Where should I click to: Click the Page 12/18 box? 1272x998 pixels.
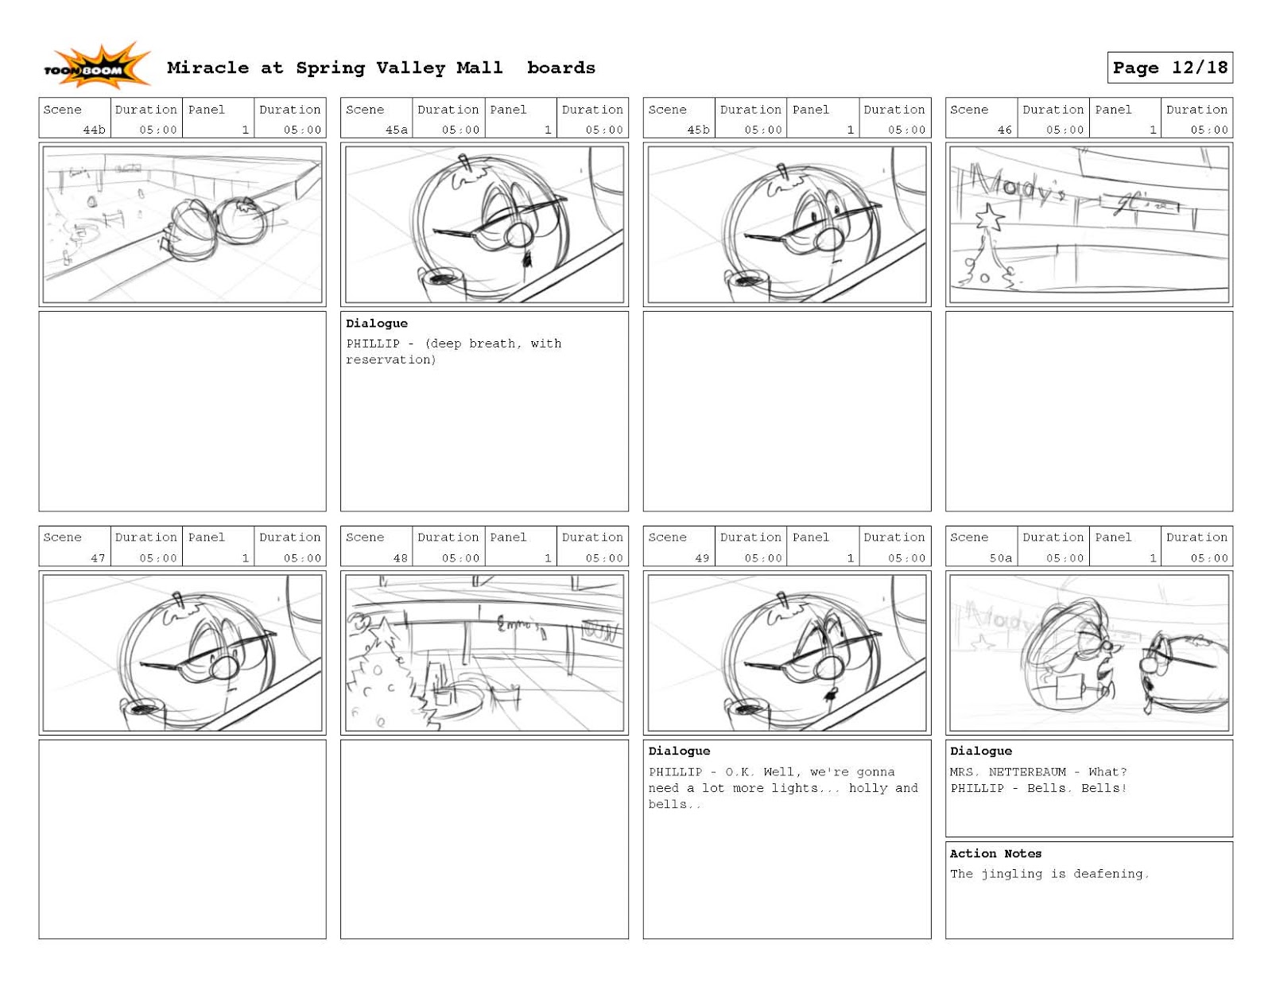point(1169,68)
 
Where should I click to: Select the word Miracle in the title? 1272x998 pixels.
point(207,68)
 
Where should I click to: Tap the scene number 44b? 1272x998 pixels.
point(94,130)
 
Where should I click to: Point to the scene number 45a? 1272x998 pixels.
point(397,130)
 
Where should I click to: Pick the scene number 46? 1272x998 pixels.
point(1005,130)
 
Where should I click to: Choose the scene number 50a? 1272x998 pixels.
point(1001,558)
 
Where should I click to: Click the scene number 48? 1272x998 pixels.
point(401,558)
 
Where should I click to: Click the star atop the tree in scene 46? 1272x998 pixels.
point(990,216)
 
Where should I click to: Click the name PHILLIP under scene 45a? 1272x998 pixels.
point(373,344)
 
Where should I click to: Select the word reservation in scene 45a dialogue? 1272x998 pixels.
point(388,359)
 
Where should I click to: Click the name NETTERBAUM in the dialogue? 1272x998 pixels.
point(1027,772)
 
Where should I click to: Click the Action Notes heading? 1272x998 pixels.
point(995,853)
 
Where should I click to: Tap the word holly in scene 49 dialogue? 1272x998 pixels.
point(868,788)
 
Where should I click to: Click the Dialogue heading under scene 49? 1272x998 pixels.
point(679,751)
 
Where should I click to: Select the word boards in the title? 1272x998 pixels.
point(561,68)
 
